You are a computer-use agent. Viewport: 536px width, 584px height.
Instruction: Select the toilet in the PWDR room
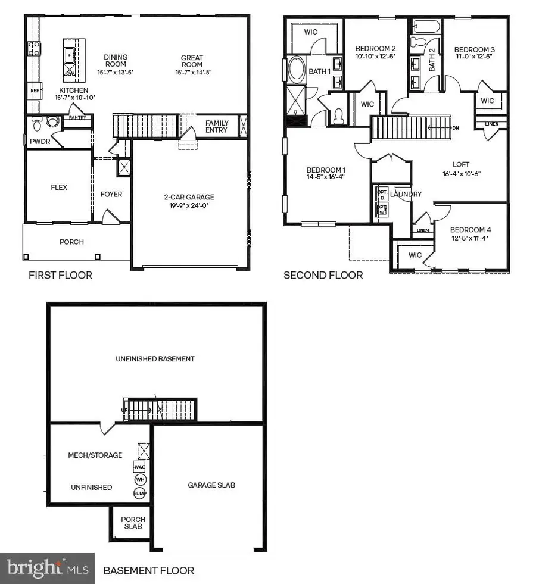(x=37, y=123)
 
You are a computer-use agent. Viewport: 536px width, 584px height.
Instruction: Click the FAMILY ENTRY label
(x=217, y=127)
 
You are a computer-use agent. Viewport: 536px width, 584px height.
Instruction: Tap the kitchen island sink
(x=71, y=55)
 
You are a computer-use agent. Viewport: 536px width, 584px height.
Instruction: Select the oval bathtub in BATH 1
(x=295, y=70)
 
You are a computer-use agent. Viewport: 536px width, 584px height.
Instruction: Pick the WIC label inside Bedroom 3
(x=487, y=101)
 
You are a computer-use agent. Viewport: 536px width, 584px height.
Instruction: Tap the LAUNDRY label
(x=406, y=194)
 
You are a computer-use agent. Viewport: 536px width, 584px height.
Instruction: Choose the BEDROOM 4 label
(x=470, y=230)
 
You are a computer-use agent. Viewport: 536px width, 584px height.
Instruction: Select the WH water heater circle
(x=140, y=480)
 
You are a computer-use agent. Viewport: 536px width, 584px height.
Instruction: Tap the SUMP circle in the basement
(x=140, y=494)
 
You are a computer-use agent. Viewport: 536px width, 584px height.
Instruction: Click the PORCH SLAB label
(x=133, y=523)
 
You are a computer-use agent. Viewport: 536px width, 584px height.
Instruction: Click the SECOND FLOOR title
(x=323, y=275)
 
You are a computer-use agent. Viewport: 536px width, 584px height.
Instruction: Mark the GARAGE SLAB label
(x=211, y=485)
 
